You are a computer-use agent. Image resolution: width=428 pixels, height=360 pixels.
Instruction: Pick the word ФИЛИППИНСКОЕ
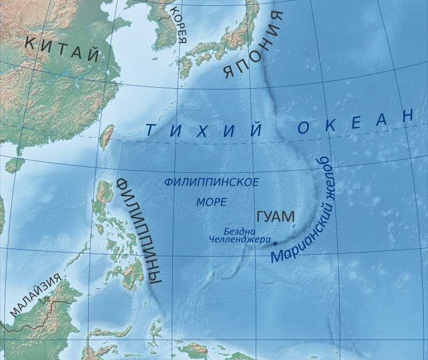[x=211, y=182]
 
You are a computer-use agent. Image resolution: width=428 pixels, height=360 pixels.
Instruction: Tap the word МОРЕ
[x=211, y=202]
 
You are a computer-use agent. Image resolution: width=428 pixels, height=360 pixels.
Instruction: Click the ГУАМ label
[x=276, y=217]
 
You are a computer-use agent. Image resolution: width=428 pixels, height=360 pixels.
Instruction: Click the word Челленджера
[x=239, y=239]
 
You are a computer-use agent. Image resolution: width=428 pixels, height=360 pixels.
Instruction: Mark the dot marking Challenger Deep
[x=275, y=243]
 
